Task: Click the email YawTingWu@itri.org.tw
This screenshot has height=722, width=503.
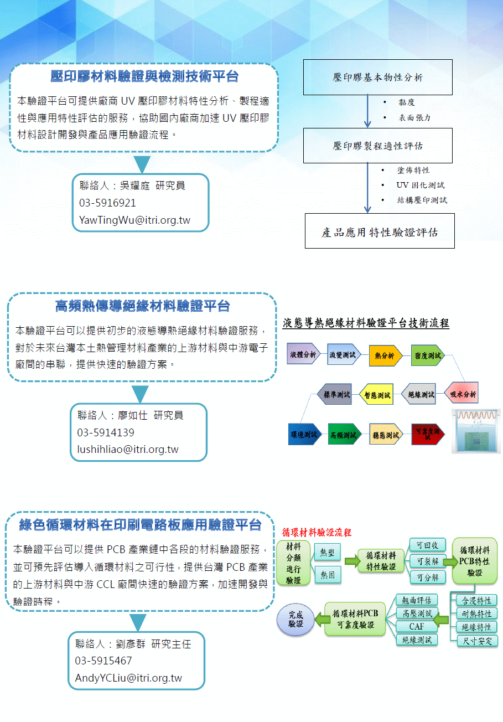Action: pos(135,220)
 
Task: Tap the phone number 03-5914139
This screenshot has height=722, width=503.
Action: pos(106,432)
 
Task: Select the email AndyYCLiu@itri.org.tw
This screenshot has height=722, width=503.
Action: pos(128,678)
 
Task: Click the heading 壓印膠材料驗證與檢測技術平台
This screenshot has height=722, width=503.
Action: pos(144,76)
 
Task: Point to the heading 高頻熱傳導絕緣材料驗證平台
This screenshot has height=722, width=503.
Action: pos(142,305)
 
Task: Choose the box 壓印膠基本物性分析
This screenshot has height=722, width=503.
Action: pos(378,78)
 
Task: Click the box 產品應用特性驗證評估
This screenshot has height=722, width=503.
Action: pos(380,232)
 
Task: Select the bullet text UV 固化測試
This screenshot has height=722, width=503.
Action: pos(421,185)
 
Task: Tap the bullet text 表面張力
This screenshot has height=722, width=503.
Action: pos(414,117)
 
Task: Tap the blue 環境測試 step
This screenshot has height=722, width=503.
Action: pos(304,435)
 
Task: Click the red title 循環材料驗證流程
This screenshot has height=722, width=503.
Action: pos(317,533)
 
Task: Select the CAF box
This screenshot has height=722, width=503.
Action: pos(416,627)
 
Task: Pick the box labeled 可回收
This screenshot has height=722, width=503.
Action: pos(427,545)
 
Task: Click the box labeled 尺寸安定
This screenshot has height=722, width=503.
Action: pos(477,641)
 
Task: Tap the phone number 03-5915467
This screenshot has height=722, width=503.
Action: pos(103,661)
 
